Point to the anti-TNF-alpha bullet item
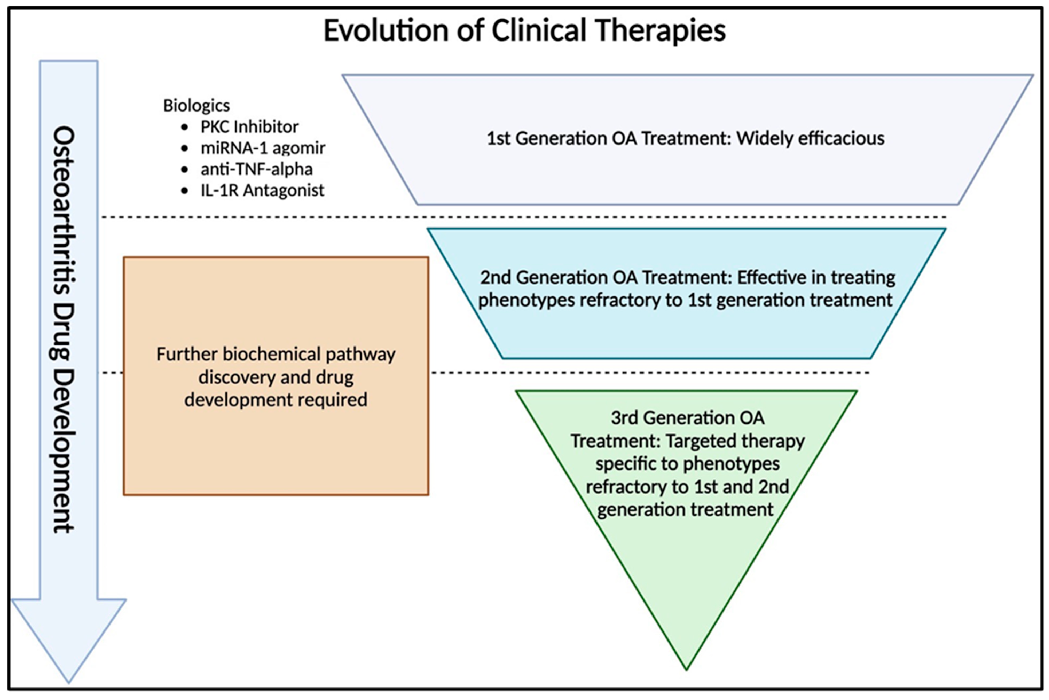(256, 169)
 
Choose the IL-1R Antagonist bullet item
(262, 190)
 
